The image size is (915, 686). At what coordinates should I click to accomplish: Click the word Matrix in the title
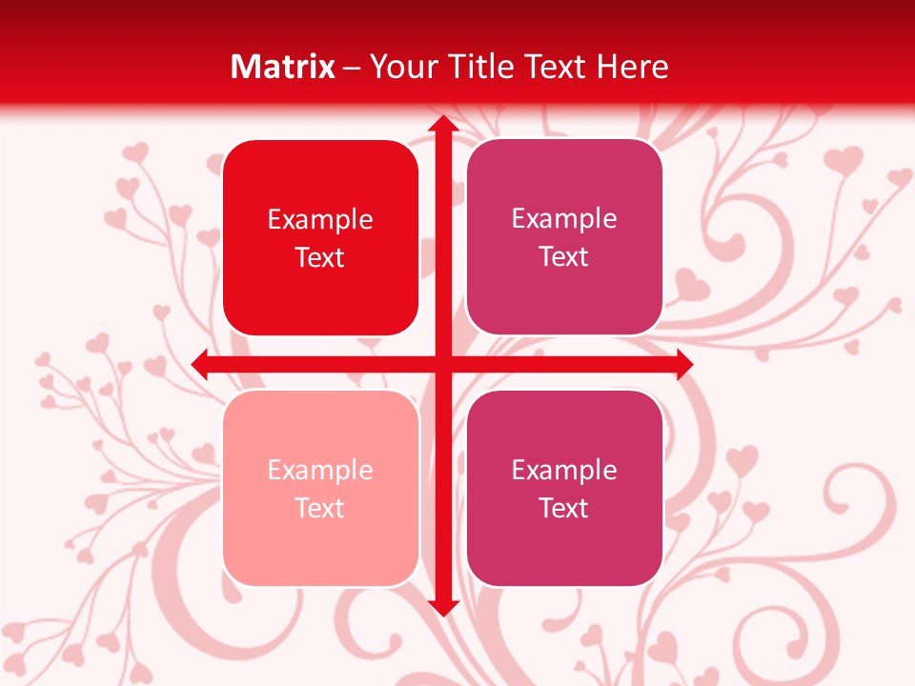tap(283, 66)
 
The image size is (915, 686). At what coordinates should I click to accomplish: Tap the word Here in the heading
tap(632, 66)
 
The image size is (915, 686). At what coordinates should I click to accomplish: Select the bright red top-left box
tap(320, 237)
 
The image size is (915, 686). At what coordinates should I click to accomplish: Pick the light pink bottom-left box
tap(320, 488)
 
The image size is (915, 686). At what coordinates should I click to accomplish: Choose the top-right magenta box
tap(564, 236)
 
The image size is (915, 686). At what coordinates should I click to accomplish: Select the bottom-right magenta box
tap(564, 488)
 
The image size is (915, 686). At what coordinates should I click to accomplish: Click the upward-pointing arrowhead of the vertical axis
tap(442, 125)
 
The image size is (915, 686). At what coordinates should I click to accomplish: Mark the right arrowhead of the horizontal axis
tap(683, 364)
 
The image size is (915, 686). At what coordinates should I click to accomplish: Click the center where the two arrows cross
tap(442, 364)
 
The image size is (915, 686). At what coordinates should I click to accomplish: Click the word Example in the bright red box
tap(320, 220)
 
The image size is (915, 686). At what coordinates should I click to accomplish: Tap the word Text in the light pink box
tap(320, 508)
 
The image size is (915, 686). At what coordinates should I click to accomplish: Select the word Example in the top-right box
tap(564, 219)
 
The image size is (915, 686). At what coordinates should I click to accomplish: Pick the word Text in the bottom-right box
tap(564, 508)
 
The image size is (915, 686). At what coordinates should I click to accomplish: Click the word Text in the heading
tap(555, 66)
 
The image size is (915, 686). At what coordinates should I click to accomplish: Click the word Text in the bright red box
tap(320, 257)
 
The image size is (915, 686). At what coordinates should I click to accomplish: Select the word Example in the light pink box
tap(320, 471)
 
